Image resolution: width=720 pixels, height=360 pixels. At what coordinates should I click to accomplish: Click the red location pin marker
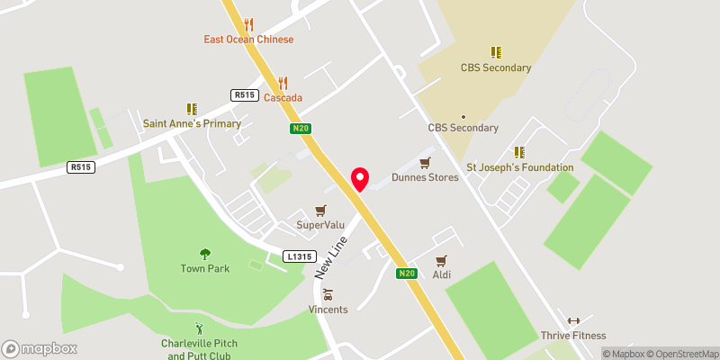coord(360,179)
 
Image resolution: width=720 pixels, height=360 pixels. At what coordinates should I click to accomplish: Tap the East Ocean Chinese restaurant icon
coord(249,24)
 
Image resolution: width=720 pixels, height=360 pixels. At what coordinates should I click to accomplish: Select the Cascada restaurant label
coord(283,97)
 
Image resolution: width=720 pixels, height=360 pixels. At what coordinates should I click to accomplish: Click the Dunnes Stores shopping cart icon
coord(426,162)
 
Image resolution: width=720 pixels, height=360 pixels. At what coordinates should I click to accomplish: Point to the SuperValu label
coord(317,223)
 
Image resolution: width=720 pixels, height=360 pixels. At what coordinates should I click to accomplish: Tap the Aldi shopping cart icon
coord(441,261)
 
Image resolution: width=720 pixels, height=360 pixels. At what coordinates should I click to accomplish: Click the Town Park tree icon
coord(205,254)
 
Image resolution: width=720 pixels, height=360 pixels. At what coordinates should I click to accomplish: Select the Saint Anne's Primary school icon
coord(192,109)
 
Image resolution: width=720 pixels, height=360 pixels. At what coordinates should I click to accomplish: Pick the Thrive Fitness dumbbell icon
coord(573,320)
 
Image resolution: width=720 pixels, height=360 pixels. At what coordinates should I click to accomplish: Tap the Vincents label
coord(328,310)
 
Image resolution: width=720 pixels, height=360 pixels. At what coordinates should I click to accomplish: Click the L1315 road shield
coord(297,256)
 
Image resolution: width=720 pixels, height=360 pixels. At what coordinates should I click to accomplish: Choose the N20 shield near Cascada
coord(301,129)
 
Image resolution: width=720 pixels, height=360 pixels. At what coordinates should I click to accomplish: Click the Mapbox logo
coord(40,348)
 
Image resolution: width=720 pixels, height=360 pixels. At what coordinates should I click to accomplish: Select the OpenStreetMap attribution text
coord(681,354)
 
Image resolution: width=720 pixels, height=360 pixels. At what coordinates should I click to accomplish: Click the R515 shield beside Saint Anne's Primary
coord(244,94)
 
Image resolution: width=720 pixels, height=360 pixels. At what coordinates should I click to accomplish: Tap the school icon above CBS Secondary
coord(495,52)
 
